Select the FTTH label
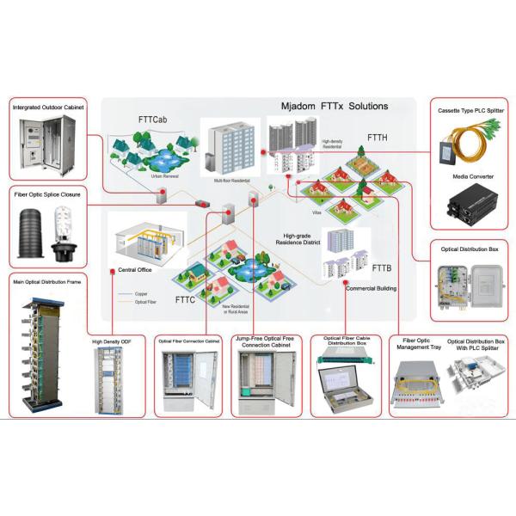(379, 137)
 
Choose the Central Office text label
(135, 269)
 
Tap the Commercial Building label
(371, 288)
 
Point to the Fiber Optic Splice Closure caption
(48, 195)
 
